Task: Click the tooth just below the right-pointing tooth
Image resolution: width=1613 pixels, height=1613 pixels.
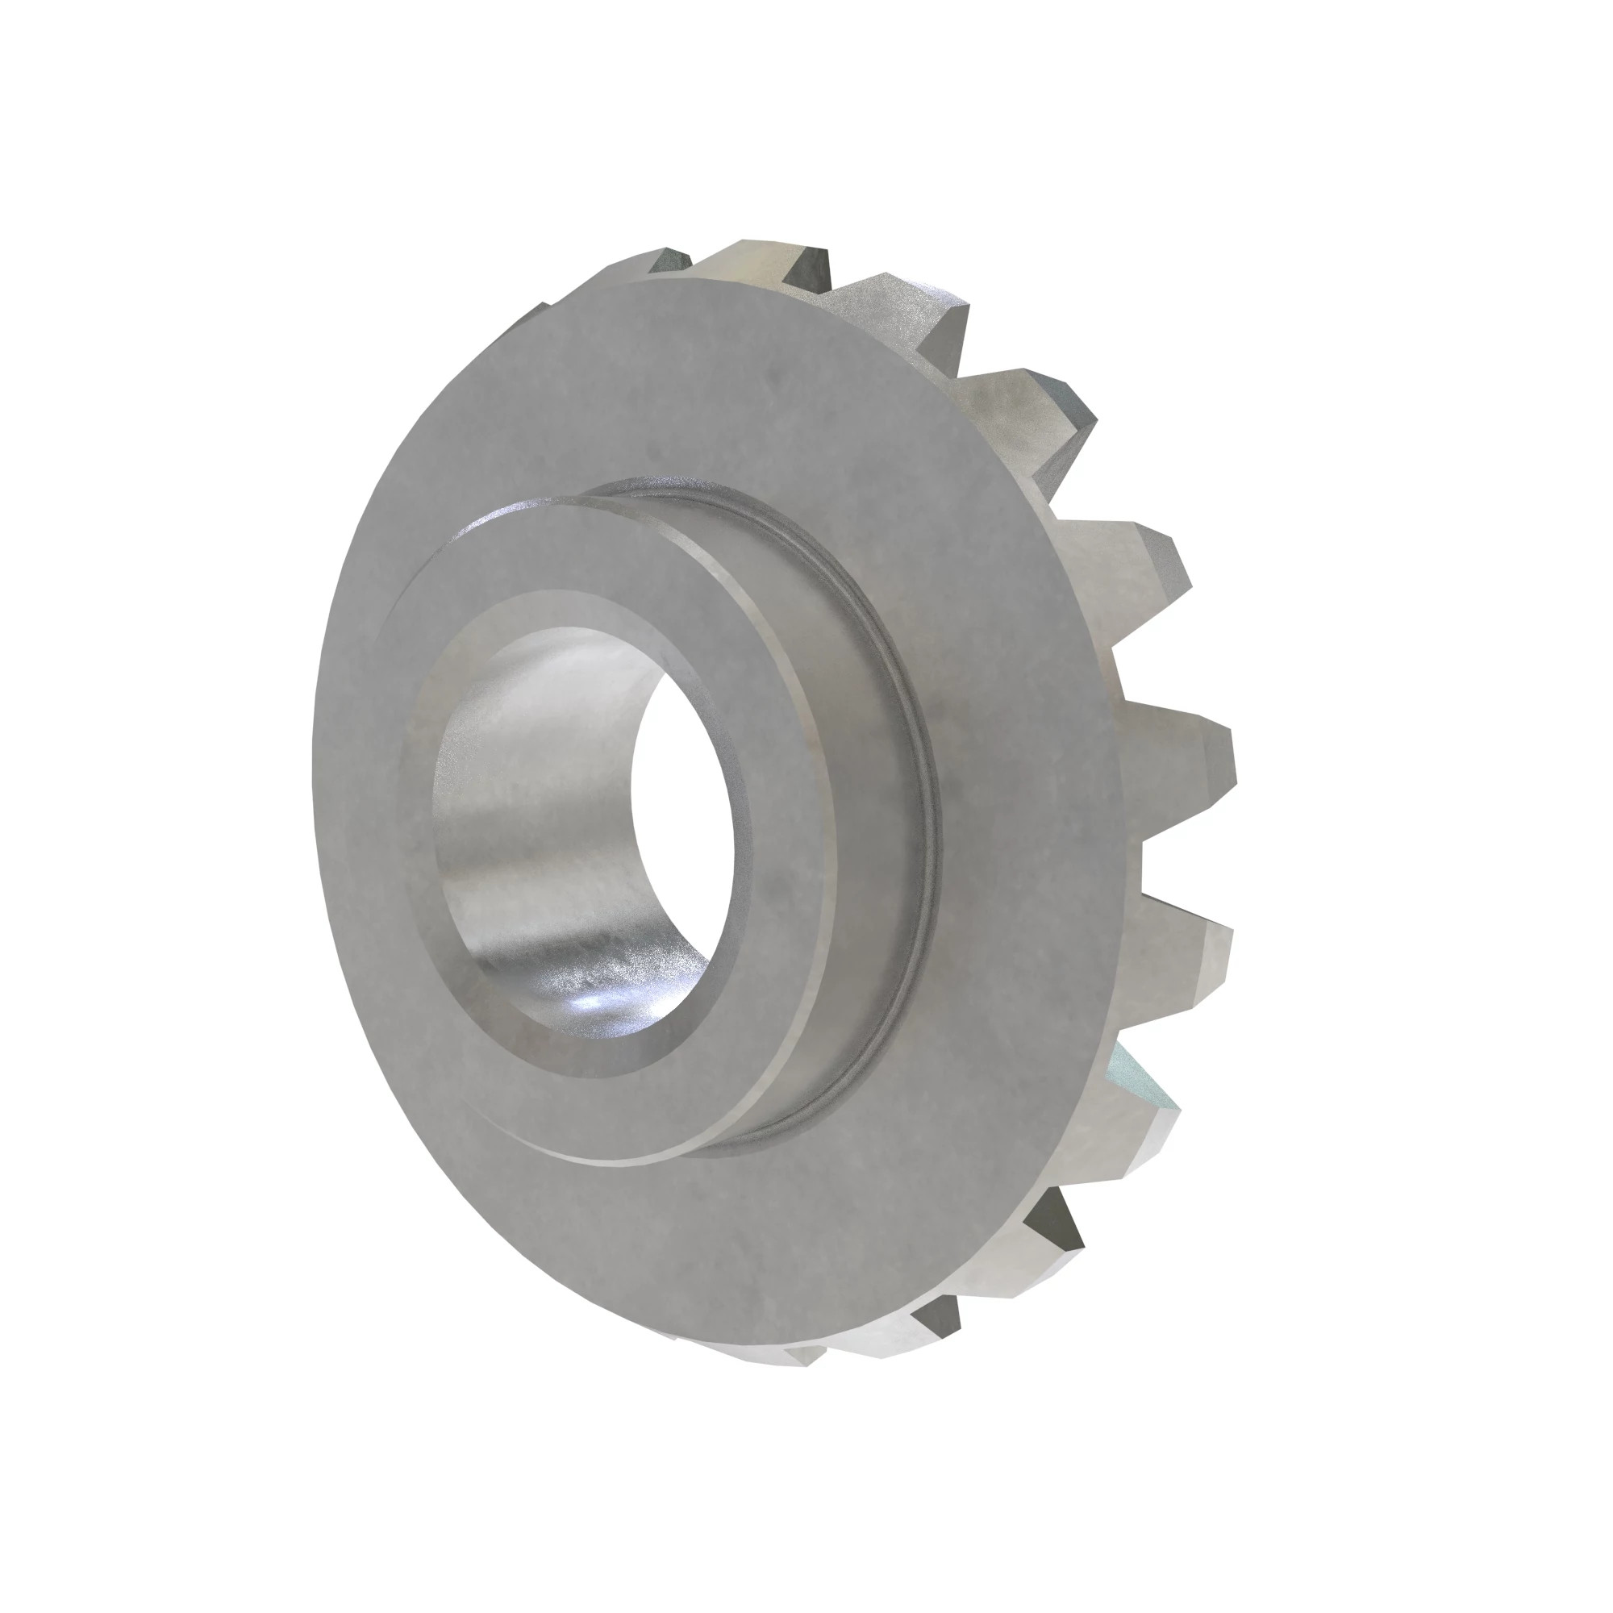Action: (1186, 944)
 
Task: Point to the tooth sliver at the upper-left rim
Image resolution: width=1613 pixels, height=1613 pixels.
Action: (535, 317)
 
